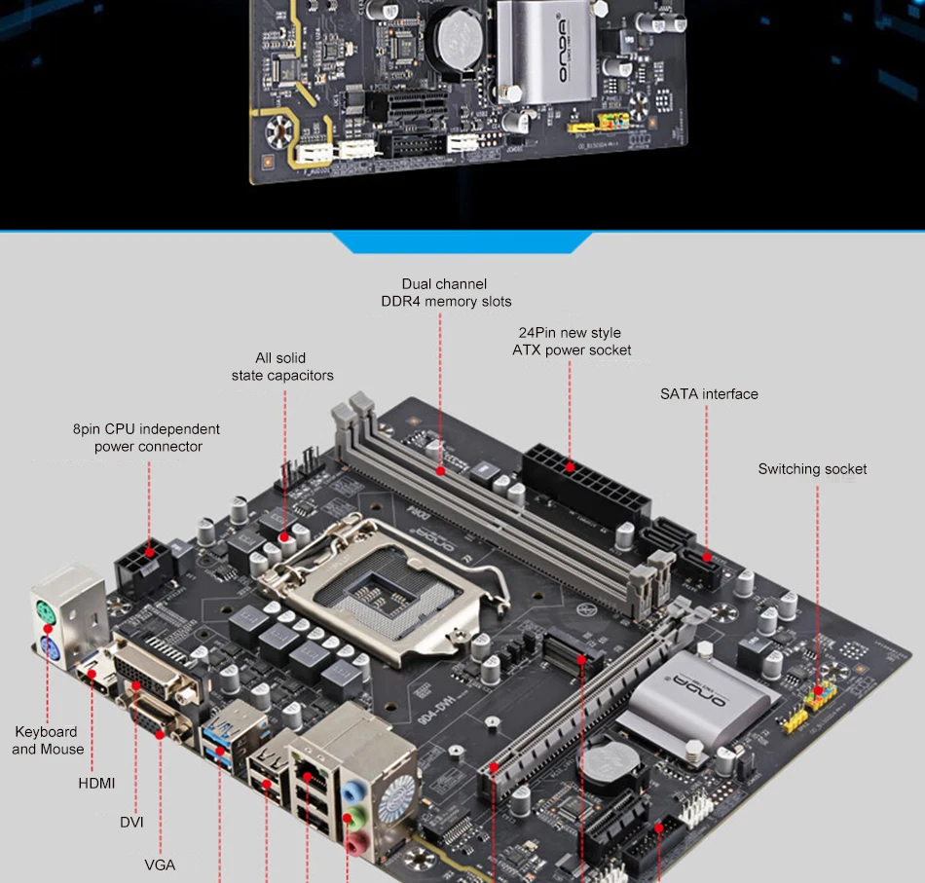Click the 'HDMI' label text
pyautogui.click(x=96, y=783)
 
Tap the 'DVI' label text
pyautogui.click(x=131, y=822)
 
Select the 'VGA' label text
pyautogui.click(x=160, y=864)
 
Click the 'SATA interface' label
pyautogui.click(x=709, y=394)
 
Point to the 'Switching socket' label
pyautogui.click(x=812, y=469)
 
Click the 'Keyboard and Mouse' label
pyautogui.click(x=47, y=740)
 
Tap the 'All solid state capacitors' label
pyautogui.click(x=282, y=367)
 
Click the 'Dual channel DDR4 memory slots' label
pyautogui.click(x=445, y=292)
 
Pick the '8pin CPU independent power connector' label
pyautogui.click(x=146, y=438)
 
